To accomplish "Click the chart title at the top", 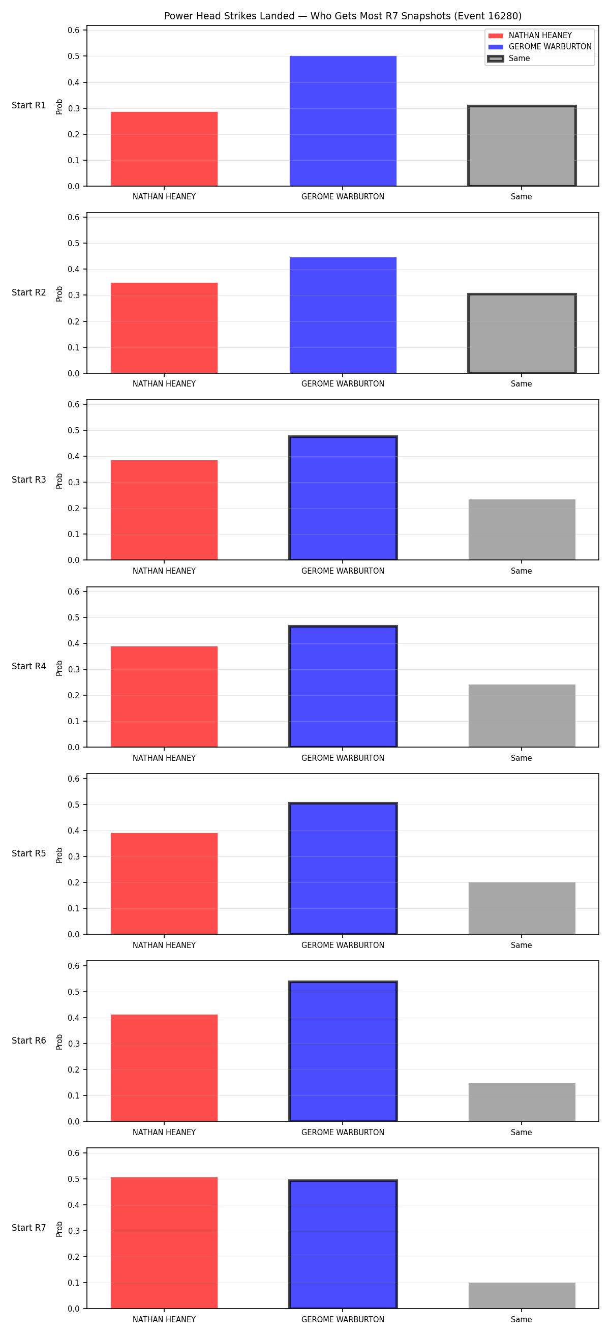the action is point(343,16).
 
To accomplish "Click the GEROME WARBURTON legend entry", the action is point(539,47).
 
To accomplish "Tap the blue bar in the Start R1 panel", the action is point(343,121).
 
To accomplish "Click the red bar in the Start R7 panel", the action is point(164,1243).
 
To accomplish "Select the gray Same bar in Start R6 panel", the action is point(522,1102).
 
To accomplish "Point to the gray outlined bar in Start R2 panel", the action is point(522,334).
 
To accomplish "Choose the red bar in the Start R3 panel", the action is point(164,510).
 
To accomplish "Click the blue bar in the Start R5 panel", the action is point(343,869).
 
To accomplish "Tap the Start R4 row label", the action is point(29,666).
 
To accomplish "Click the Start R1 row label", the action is point(29,105).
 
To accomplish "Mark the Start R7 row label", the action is point(29,1228).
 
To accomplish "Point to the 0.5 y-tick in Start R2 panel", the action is point(74,243).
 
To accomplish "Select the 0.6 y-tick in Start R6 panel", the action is point(74,966).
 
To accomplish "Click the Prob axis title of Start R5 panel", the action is point(59,855).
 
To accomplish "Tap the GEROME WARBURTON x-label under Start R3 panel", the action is point(343,571).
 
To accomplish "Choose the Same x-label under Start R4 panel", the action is point(522,758).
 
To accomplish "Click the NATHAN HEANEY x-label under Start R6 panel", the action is point(164,1133).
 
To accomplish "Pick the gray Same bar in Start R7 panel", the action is point(522,1296).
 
